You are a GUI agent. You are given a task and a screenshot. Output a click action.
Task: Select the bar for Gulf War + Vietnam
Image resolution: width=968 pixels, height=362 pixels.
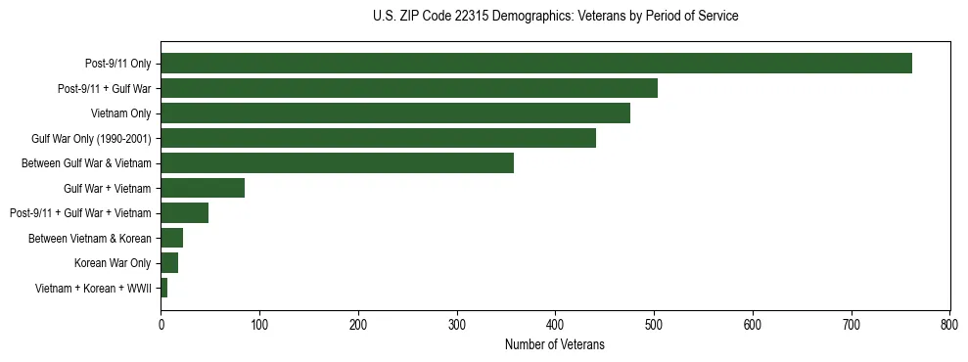(x=203, y=188)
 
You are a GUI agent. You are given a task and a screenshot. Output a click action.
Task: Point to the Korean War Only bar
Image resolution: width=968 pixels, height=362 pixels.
(x=169, y=262)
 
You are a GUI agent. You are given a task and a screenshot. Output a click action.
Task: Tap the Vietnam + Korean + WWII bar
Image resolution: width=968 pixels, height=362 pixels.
(x=164, y=288)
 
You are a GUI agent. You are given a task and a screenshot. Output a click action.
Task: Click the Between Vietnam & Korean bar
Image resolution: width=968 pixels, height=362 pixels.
(x=172, y=238)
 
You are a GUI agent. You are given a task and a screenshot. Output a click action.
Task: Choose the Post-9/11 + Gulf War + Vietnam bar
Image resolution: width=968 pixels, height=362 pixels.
(x=185, y=212)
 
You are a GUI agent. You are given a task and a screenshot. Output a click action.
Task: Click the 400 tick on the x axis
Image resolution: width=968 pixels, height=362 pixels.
(x=555, y=324)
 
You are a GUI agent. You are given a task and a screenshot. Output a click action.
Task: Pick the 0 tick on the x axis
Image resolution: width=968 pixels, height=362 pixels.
(x=161, y=324)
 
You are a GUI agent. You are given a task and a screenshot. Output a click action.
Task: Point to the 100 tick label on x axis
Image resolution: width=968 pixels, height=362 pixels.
(x=259, y=324)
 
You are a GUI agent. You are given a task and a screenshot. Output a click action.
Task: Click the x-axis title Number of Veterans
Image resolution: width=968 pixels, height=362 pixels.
(x=555, y=344)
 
